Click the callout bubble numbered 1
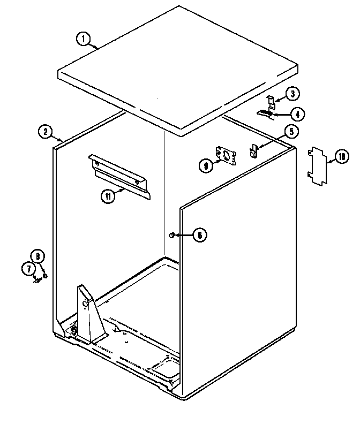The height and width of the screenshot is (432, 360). [82, 39]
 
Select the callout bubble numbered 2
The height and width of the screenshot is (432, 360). [46, 131]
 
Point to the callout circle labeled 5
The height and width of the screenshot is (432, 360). [292, 131]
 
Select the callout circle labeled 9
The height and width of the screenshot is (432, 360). [206, 166]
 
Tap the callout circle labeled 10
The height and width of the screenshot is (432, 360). [341, 157]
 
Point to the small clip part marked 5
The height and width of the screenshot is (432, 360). [253, 150]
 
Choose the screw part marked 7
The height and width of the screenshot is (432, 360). [37, 279]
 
